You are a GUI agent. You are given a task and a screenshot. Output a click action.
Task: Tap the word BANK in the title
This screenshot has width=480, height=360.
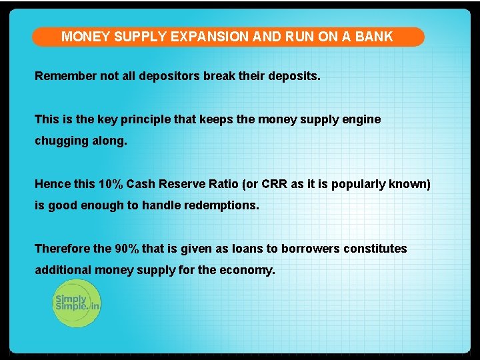click(x=374, y=37)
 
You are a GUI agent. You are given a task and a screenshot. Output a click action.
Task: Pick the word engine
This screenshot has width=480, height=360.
click(x=360, y=119)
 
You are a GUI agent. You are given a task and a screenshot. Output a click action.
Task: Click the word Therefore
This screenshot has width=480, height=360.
click(x=63, y=249)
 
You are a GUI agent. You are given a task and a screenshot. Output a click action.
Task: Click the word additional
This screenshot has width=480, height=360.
click(x=63, y=271)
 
